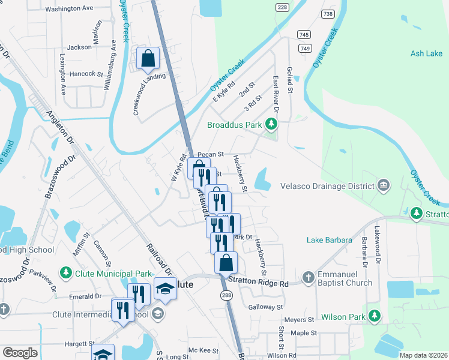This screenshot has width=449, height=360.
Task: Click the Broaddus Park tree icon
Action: pos(272,125)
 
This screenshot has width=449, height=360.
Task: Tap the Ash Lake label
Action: pos(426,53)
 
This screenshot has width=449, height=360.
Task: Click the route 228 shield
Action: pos(282,7)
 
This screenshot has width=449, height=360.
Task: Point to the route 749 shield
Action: pos(306,48)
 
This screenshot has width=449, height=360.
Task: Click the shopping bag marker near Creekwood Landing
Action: pos(148,59)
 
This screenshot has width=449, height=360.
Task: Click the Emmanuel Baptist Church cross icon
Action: pos(308,277)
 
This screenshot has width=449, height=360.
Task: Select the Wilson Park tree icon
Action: pos(375,316)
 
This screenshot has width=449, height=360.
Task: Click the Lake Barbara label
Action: pos(329,240)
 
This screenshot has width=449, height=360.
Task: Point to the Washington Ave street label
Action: pos(70,9)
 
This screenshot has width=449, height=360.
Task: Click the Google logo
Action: pos(20,353)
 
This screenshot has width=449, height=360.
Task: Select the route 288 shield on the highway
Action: pos(226,295)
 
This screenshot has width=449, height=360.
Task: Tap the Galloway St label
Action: pos(265,307)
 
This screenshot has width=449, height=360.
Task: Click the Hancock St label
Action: pos(86,74)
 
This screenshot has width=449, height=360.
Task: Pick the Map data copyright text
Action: pos(423,355)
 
